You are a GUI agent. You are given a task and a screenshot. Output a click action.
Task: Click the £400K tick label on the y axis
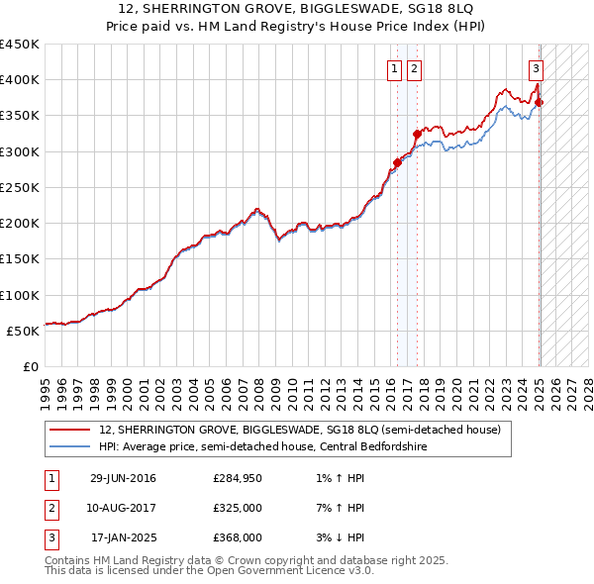tap(20, 80)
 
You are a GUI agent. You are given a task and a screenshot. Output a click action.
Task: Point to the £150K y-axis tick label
tap(20, 259)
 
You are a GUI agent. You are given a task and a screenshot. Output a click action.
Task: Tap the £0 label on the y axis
tap(31, 366)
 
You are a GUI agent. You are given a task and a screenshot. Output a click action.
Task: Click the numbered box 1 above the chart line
tap(394, 68)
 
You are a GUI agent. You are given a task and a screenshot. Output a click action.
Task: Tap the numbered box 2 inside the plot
tap(413, 68)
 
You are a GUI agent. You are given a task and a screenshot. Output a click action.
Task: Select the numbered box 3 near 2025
tap(536, 68)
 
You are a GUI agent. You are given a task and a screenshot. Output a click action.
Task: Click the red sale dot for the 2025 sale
tap(540, 103)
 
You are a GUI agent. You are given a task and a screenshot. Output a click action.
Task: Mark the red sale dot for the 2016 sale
tap(397, 162)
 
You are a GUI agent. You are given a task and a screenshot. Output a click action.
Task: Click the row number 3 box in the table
tap(49, 537)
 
